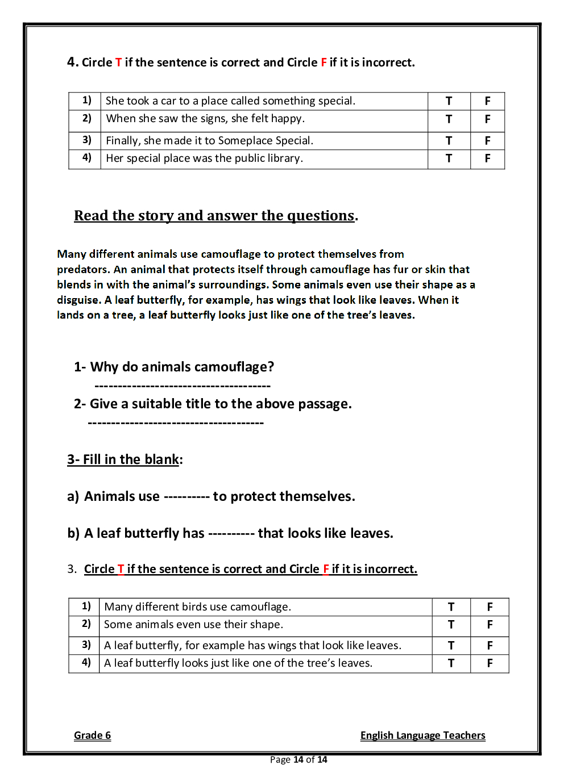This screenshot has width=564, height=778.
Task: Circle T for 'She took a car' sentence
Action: click(x=449, y=101)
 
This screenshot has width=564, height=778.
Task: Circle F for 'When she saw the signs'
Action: click(x=487, y=119)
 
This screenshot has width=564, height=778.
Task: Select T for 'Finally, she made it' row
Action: click(x=449, y=141)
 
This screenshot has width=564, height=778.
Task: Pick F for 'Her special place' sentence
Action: click(x=487, y=158)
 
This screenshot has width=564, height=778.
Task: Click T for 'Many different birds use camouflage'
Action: click(x=451, y=607)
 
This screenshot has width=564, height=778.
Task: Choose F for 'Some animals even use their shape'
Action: click(x=490, y=625)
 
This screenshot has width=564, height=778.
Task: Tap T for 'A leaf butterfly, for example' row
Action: click(x=451, y=646)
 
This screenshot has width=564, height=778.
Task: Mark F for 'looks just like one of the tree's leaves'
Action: click(x=490, y=663)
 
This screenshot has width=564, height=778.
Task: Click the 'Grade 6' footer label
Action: click(x=92, y=735)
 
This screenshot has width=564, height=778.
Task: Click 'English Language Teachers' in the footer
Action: click(x=422, y=735)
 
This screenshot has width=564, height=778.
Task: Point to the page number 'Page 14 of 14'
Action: click(x=298, y=760)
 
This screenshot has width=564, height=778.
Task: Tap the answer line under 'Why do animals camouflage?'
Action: click(x=183, y=386)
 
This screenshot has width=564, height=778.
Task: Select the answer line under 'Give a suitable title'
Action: click(x=176, y=423)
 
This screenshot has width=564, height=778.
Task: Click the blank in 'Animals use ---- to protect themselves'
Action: click(x=186, y=497)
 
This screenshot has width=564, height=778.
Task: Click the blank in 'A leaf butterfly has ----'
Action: click(x=231, y=534)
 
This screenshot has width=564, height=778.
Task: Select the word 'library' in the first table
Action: click(x=284, y=158)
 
